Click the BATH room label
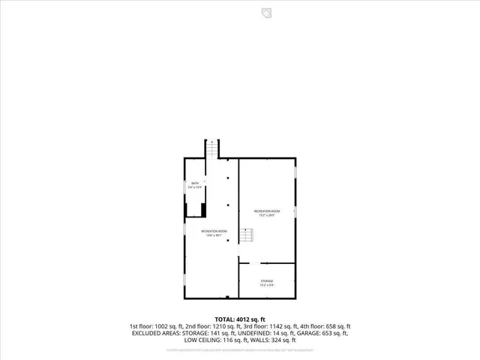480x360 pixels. click(x=195, y=184)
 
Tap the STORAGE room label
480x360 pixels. click(x=267, y=280)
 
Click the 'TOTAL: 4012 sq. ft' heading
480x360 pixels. click(x=240, y=319)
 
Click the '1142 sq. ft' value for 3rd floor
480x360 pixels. click(x=274, y=326)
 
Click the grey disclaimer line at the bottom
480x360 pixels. click(x=240, y=350)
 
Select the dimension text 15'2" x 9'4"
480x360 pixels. click(x=267, y=285)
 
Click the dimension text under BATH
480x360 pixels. click(x=195, y=187)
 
